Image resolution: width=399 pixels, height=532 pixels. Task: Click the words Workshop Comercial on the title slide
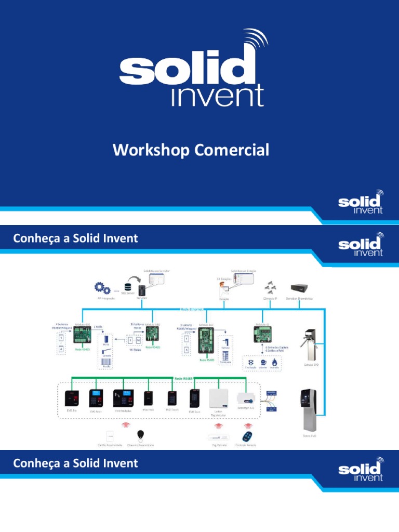tap(191, 151)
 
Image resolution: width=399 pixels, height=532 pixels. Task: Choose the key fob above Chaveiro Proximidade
tap(141, 435)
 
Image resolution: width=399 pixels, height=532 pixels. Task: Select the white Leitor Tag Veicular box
tap(219, 398)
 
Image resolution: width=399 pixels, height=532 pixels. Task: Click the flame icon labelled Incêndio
tap(274, 362)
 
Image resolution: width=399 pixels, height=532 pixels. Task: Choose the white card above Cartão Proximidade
tap(110, 435)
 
